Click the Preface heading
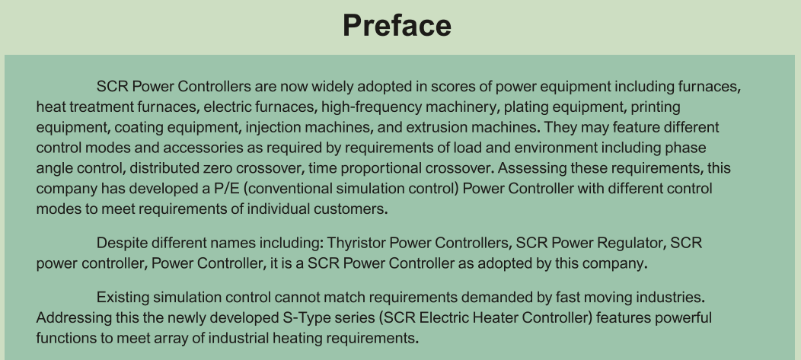[x=397, y=26]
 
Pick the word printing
[x=656, y=108]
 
